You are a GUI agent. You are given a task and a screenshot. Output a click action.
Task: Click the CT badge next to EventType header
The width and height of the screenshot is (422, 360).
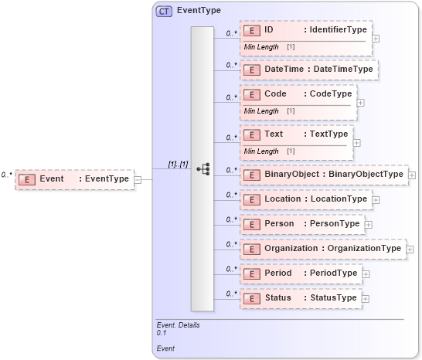[x=164, y=12]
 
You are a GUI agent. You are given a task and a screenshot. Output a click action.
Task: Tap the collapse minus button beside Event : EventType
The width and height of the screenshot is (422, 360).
[x=138, y=180]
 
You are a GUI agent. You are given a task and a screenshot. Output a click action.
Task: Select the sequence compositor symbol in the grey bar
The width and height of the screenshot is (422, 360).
[x=203, y=168]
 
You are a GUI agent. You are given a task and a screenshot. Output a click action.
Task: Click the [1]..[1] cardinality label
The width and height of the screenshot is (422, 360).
[x=179, y=165]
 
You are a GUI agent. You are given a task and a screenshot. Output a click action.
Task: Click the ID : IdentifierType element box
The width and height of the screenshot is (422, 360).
[x=306, y=31]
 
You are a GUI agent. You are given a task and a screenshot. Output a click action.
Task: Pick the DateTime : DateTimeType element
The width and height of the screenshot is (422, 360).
[x=308, y=70]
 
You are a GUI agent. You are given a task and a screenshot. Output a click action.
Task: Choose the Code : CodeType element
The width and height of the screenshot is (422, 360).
[x=298, y=94]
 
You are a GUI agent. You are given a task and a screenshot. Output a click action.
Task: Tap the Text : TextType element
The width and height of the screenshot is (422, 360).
[x=296, y=134]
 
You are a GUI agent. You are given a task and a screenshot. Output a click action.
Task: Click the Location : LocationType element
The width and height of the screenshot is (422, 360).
[x=305, y=199]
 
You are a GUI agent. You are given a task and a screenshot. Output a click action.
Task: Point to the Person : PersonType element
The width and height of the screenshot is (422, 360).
[x=301, y=224]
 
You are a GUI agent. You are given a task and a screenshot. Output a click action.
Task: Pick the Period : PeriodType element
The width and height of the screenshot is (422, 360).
[x=301, y=273]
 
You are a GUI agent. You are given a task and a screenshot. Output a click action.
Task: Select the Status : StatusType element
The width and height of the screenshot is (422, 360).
[x=300, y=298]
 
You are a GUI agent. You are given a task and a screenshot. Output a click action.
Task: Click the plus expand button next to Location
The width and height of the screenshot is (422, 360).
[x=376, y=200]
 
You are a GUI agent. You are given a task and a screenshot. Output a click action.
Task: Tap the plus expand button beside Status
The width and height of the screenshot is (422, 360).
[x=366, y=299]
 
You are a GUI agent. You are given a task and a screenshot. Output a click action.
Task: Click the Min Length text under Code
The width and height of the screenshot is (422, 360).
[x=261, y=111]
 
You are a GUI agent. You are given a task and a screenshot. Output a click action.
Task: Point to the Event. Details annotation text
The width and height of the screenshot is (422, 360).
[x=178, y=325]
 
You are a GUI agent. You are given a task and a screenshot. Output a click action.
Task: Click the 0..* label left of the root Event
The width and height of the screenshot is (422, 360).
[x=7, y=175]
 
